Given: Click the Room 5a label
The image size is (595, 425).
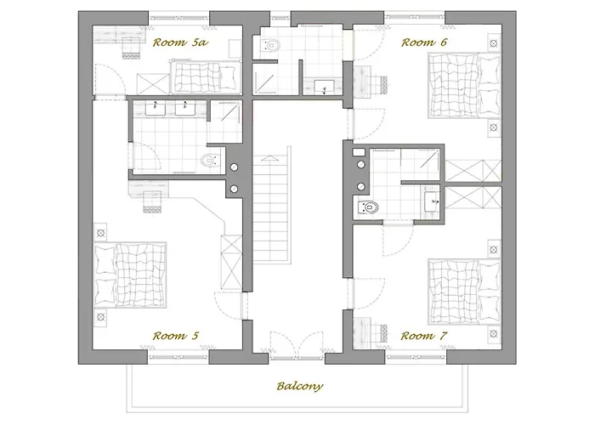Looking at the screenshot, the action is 180,42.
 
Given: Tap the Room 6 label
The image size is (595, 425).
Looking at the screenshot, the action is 424,42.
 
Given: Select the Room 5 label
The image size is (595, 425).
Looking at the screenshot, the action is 176,336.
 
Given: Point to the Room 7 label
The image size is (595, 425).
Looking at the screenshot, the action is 424,336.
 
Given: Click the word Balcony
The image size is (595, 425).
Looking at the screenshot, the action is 300,386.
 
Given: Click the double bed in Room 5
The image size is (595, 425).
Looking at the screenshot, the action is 130,275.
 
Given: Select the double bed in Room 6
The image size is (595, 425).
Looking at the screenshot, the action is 464,85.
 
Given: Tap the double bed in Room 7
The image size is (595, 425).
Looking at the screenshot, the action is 464,292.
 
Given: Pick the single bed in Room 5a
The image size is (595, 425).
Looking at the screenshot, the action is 207,77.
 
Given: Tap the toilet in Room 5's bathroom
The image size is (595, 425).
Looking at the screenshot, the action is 210,161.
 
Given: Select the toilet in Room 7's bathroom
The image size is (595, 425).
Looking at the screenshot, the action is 367,207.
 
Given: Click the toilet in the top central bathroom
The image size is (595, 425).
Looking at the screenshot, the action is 271,45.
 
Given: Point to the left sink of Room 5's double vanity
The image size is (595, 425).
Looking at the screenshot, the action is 156,108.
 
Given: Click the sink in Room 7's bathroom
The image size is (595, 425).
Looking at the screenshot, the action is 432,201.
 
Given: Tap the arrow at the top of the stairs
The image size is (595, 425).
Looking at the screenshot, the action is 270,158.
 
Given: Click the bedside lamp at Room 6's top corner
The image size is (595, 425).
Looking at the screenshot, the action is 494,43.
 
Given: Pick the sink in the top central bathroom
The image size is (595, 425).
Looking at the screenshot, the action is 324,87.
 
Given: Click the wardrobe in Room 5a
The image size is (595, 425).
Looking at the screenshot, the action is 153,83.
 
